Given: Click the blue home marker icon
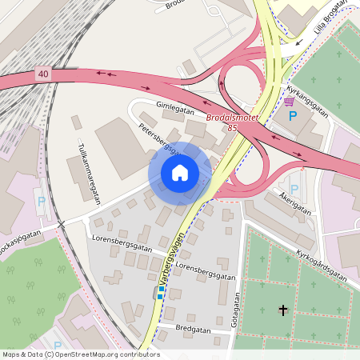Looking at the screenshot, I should pyautogui.click(x=180, y=172).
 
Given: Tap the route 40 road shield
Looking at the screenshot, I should pyautogui.click(x=42, y=74).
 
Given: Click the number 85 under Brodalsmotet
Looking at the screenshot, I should pyautogui.click(x=232, y=127).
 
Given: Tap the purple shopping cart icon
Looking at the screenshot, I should pyautogui.click(x=289, y=102).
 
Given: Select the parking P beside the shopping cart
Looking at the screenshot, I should pyautogui.click(x=293, y=116).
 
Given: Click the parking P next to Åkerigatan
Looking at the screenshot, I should pyautogui.click(x=294, y=189).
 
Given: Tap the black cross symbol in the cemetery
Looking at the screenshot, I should pyautogui.click(x=282, y=309).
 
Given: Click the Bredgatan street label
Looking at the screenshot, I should pyautogui.click(x=194, y=329).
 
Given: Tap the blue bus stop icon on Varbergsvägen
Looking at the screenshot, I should pyautogui.click(x=160, y=295).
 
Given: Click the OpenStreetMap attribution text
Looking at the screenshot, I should pyautogui.click(x=80, y=354).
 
